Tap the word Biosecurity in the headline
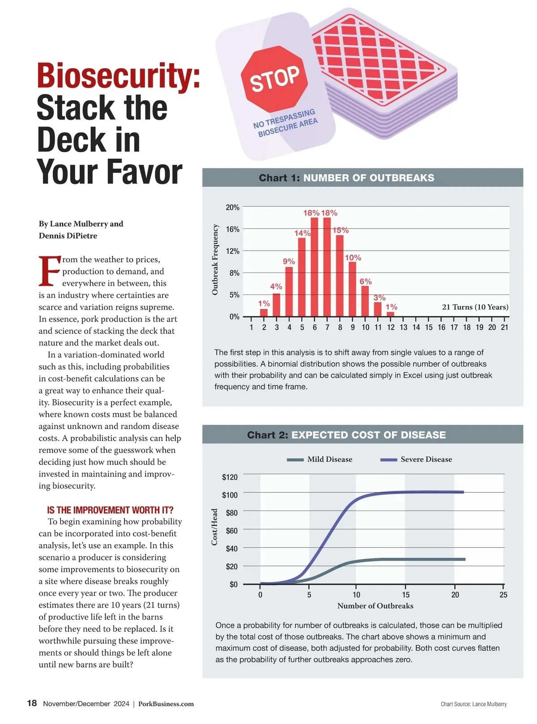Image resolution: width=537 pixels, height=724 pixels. [118, 77]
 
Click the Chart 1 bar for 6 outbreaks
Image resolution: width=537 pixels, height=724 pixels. [315, 267]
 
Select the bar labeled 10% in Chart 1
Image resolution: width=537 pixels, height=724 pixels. [353, 289]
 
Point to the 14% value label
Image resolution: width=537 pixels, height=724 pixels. [302, 233]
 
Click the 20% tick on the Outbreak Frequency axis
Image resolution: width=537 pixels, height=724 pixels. [233, 208]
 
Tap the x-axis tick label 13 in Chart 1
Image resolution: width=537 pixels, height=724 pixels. [404, 328]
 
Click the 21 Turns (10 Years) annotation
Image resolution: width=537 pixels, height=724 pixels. [475, 307]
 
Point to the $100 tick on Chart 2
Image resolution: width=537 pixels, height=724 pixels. [230, 495]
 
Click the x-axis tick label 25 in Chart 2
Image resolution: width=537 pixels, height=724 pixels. [503, 595]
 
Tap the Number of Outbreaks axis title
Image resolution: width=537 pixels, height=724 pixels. [375, 606]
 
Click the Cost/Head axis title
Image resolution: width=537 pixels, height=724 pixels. [214, 527]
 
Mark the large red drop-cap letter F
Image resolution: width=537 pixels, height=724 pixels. [49, 271]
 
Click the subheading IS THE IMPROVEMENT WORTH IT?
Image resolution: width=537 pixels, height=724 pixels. [110, 510]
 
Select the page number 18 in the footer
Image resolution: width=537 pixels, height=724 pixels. [32, 703]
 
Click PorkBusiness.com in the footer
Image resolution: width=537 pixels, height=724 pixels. [166, 704]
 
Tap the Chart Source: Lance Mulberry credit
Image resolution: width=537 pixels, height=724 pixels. [473, 704]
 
